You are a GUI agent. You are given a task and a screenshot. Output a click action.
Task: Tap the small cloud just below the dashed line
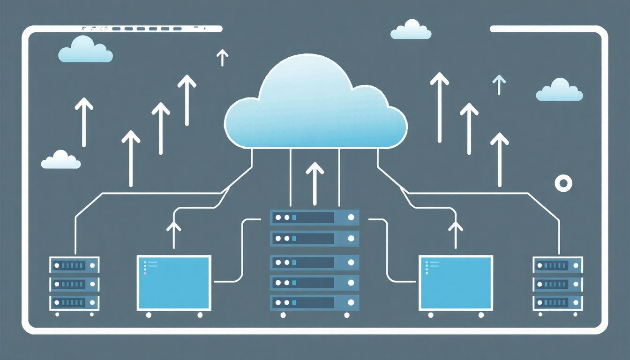pos(86,50)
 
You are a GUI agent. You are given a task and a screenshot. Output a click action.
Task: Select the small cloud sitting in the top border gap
pos(411,30)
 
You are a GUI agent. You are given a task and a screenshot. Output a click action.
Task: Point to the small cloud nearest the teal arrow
pos(559,90)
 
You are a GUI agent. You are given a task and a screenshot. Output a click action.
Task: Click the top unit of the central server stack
pos(315,217)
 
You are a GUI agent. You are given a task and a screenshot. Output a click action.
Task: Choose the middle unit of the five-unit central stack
pos(315,262)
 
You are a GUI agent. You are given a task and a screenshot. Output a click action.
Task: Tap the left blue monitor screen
pos(173,283)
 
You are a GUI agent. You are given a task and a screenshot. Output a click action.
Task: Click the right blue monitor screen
pos(456,283)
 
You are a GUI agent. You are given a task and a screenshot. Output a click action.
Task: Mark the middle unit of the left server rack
pos(75,284)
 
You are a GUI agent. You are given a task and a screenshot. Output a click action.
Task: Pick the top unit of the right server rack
pos(558,265)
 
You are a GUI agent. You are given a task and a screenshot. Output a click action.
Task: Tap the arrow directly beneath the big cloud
pos(315,180)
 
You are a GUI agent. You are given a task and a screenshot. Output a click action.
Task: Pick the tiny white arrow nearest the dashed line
pos(222,58)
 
